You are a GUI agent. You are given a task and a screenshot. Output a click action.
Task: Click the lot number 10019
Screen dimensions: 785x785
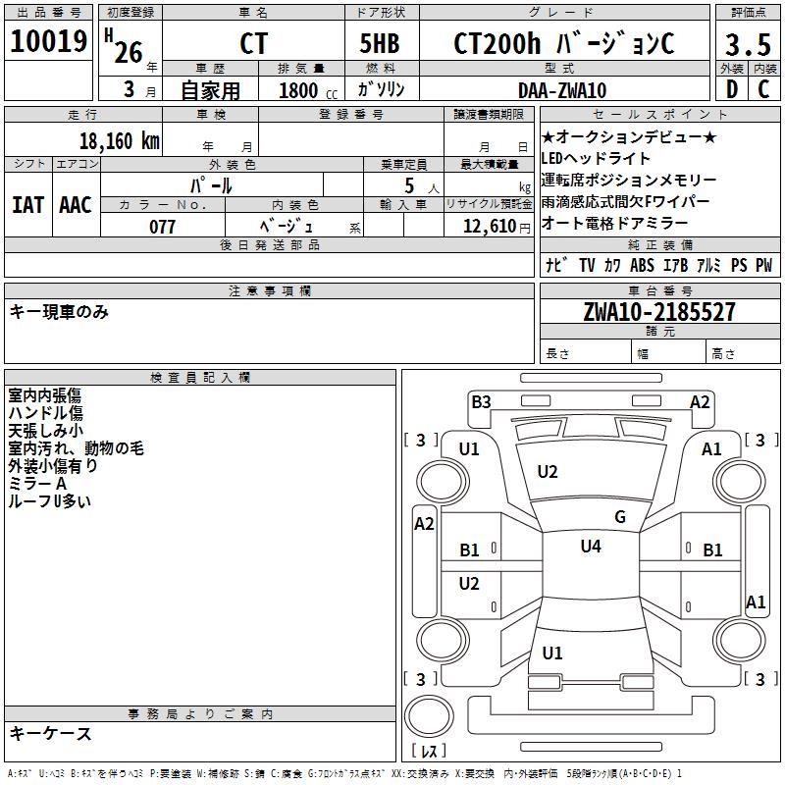click(x=49, y=42)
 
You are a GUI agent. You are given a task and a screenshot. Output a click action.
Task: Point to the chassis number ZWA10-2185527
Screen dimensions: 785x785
click(x=659, y=313)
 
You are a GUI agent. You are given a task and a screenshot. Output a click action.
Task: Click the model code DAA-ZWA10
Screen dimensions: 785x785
click(x=562, y=90)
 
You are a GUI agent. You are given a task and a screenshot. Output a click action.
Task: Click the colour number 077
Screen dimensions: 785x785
click(x=162, y=227)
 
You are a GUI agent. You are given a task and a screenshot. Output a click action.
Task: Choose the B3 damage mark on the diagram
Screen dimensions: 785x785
click(x=481, y=401)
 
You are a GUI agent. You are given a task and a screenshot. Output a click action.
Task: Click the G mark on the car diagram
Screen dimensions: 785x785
click(x=620, y=517)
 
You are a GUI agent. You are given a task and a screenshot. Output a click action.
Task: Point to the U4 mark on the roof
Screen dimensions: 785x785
click(x=590, y=547)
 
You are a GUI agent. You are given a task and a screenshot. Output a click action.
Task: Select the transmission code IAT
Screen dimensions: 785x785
click(x=27, y=205)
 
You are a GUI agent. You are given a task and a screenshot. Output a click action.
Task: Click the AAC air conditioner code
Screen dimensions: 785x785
click(x=76, y=205)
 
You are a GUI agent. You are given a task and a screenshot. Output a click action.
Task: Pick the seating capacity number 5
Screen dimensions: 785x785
click(x=407, y=184)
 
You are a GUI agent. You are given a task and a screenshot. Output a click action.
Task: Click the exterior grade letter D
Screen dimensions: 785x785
click(x=731, y=90)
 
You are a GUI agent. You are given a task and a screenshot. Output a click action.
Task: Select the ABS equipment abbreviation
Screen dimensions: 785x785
click(x=642, y=266)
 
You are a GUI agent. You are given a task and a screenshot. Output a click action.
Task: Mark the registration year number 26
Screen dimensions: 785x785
click(x=129, y=51)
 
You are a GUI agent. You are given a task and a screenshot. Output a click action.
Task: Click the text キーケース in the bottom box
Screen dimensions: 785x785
click(x=50, y=734)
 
